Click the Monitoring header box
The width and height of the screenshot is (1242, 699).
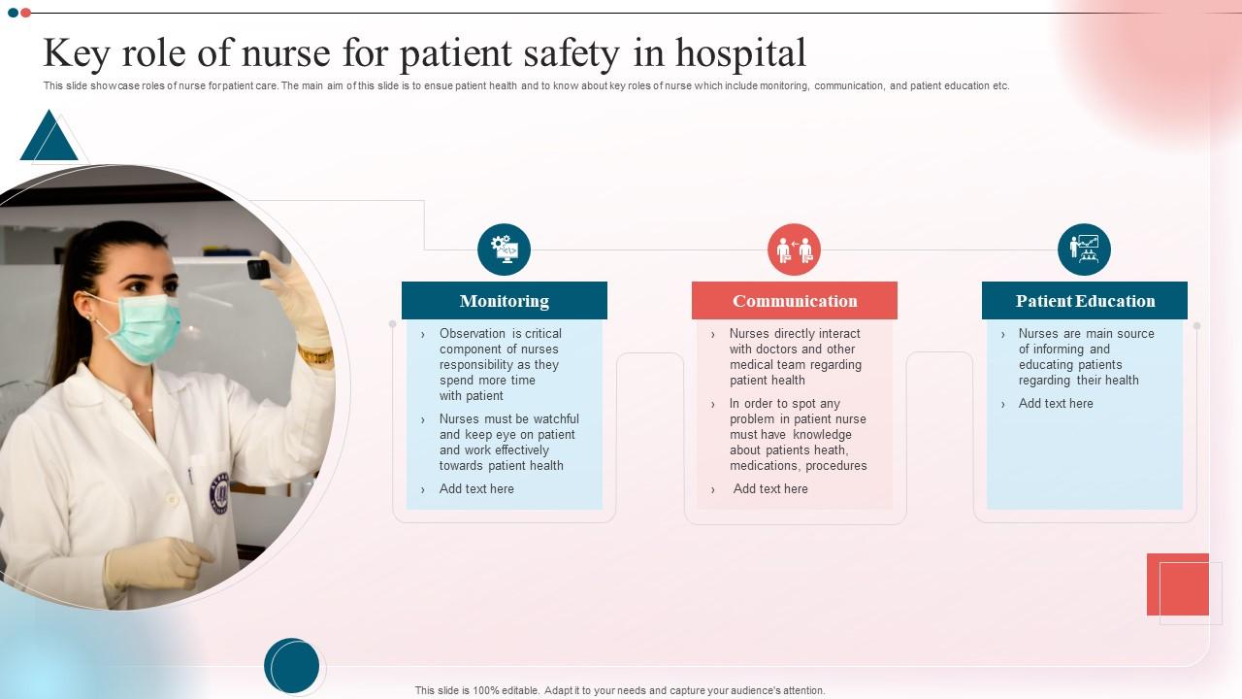tap(504, 301)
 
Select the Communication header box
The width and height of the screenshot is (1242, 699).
tap(794, 301)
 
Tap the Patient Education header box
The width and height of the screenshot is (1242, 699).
tap(1084, 301)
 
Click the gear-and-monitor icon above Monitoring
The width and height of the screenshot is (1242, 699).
tap(504, 250)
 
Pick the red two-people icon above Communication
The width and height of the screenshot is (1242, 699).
tap(794, 250)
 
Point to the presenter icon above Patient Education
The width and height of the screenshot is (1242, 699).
tap(1084, 250)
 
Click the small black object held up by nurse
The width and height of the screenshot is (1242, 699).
tap(259, 269)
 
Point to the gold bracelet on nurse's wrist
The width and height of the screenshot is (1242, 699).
tap(315, 356)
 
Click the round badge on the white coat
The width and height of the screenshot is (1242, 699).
tap(219, 493)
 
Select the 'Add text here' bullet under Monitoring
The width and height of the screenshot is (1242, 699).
tap(476, 489)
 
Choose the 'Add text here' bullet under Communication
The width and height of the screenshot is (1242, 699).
tap(770, 489)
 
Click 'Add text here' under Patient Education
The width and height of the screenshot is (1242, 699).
tap(1056, 404)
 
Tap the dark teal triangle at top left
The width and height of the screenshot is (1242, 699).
tap(48, 138)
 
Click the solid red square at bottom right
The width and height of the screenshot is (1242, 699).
tap(1177, 584)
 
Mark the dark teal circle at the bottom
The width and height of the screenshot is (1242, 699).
tap(291, 666)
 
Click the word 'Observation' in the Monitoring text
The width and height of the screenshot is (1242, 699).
tap(474, 334)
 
